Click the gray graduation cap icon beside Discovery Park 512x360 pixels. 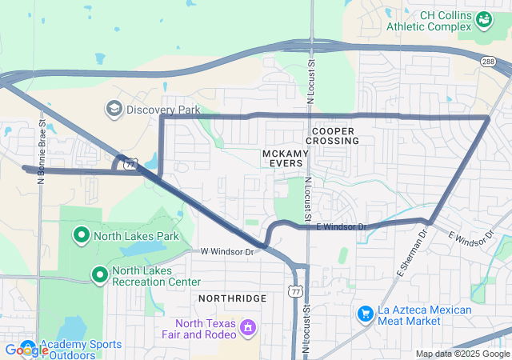pos(114,108)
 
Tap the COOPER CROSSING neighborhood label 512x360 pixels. pos(332,135)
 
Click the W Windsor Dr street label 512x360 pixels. pos(226,251)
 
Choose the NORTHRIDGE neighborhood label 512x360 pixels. pos(232,298)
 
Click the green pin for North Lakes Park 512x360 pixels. pos(81,235)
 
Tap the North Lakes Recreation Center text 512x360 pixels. pos(156,276)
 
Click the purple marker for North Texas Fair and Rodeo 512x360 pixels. pos(249,326)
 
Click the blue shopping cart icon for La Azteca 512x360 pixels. pos(366,313)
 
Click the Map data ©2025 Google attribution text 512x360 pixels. pos(462,354)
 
